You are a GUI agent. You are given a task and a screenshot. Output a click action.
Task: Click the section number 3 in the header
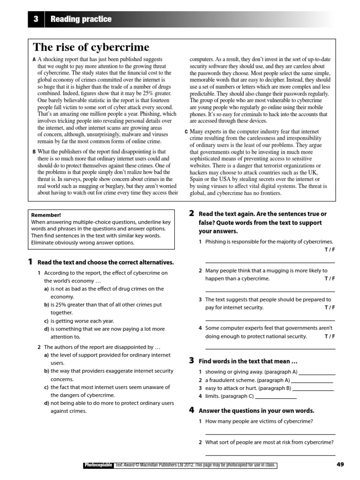pyautogui.click(x=36, y=19)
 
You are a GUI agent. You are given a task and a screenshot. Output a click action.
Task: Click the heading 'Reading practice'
pyautogui.click(x=81, y=19)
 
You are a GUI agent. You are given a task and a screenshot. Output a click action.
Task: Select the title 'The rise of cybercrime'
pyautogui.click(x=91, y=47)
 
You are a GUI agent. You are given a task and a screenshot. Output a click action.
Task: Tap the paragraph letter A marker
pyautogui.click(x=34, y=60)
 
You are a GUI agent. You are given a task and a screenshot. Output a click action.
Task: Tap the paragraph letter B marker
pyautogui.click(x=34, y=152)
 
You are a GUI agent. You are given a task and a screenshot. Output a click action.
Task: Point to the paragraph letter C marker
pyautogui.click(x=186, y=132)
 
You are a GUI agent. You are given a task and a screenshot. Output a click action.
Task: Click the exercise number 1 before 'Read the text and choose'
pyautogui.click(x=30, y=262)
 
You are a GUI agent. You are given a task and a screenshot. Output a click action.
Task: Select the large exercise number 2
pyautogui.click(x=191, y=214)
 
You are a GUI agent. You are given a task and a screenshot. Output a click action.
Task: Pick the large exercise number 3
pyautogui.click(x=191, y=360)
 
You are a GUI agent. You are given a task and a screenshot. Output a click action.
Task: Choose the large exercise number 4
pyautogui.click(x=191, y=410)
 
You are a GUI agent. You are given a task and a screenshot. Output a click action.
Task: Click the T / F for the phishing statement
pyautogui.click(x=330, y=249)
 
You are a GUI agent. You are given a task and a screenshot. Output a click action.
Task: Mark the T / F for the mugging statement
pyautogui.click(x=330, y=278)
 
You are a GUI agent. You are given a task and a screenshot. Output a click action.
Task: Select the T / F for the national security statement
pyautogui.click(x=330, y=336)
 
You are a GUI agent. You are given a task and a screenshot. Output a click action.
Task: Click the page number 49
pyautogui.click(x=340, y=465)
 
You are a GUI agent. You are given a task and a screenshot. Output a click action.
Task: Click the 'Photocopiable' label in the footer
pyautogui.click(x=98, y=465)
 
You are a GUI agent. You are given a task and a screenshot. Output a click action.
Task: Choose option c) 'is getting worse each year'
pyautogui.click(x=82, y=321)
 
